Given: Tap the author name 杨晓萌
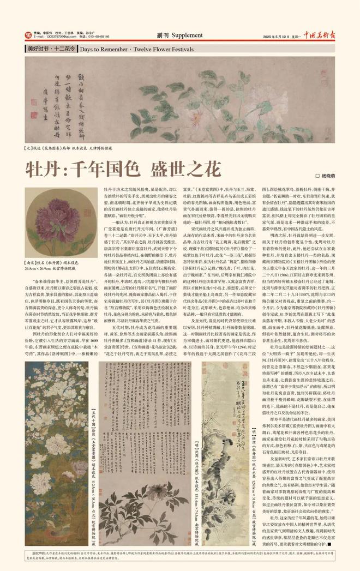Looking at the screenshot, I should click(x=330, y=176).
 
